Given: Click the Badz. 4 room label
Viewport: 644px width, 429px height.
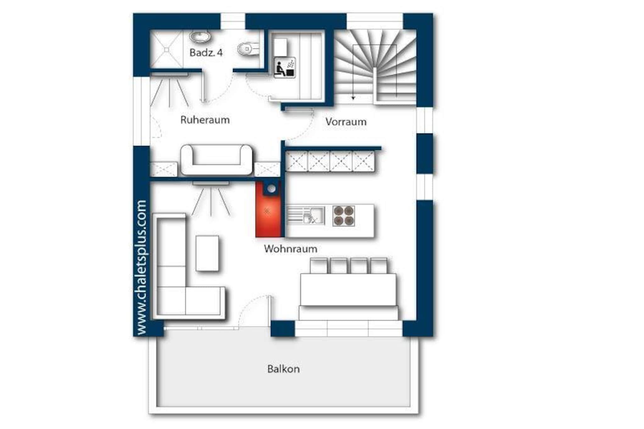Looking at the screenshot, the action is (206, 52).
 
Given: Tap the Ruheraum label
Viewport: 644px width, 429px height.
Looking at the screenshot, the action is (205, 120).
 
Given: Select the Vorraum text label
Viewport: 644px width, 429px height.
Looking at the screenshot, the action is (346, 122).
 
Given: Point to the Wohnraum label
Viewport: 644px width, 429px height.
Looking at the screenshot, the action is (291, 249).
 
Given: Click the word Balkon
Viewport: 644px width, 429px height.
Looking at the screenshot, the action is (283, 369).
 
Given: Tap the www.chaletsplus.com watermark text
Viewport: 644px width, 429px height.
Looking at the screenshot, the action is (142, 267).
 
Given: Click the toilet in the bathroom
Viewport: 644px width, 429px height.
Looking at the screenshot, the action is (248, 49).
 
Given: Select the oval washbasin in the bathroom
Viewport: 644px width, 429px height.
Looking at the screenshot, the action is (200, 36).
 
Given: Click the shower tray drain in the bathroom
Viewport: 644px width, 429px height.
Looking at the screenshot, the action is (166, 50).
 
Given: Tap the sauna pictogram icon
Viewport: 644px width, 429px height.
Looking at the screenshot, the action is (285, 67).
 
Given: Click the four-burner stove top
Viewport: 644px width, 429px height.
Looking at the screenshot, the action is (344, 216).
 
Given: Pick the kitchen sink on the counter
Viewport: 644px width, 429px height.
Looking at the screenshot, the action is (313, 216).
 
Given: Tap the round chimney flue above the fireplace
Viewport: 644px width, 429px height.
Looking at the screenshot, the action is (271, 189).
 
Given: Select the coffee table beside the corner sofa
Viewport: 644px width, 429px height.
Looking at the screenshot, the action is (207, 253).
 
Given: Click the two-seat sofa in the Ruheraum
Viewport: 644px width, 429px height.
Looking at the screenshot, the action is (216, 160).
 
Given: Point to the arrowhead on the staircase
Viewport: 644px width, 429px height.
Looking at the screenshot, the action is (353, 98).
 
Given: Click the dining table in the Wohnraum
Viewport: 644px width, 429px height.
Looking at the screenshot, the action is (348, 289).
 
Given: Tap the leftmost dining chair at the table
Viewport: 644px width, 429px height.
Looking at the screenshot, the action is (319, 266).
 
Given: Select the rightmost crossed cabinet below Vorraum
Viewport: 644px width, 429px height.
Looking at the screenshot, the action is (363, 161).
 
